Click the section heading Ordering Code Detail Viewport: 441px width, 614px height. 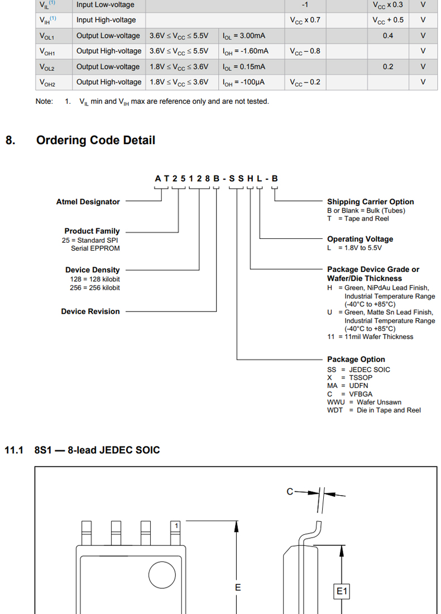pyautogui.click(x=95, y=140)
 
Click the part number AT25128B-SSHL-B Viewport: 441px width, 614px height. pyautogui.click(x=216, y=179)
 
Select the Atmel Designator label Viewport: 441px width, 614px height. pyautogui.click(x=88, y=202)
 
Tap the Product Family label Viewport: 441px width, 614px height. pyautogui.click(x=92, y=231)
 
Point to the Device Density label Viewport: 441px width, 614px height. pyautogui.click(x=93, y=270)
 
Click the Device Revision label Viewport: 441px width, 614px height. pyautogui.click(x=90, y=311)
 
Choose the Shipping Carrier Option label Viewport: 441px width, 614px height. pyautogui.click(x=371, y=202)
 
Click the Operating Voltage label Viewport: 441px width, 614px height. pyautogui.click(x=360, y=239)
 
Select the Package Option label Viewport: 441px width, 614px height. pyautogui.click(x=356, y=359)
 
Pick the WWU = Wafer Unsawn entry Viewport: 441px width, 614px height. pyautogui.click(x=364, y=402)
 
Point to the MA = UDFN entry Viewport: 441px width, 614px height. pyautogui.click(x=347, y=386)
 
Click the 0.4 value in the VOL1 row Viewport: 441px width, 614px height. pyautogui.click(x=388, y=36)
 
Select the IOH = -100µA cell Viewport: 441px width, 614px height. pyautogui.click(x=244, y=82)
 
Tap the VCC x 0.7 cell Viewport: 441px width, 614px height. pyautogui.click(x=305, y=20)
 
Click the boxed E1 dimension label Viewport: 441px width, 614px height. pyautogui.click(x=342, y=591)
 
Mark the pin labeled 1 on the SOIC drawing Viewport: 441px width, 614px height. pyautogui.click(x=176, y=526)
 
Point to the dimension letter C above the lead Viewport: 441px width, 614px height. pyautogui.click(x=290, y=492)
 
